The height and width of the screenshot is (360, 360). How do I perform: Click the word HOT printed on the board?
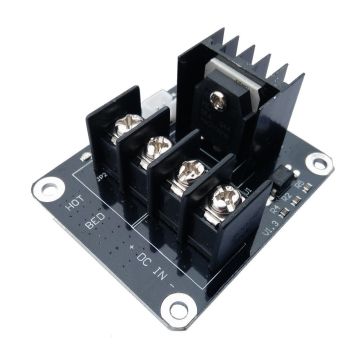(72, 205)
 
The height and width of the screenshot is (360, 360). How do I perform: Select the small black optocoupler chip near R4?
(285, 181)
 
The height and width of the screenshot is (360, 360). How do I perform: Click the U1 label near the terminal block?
(247, 187)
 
